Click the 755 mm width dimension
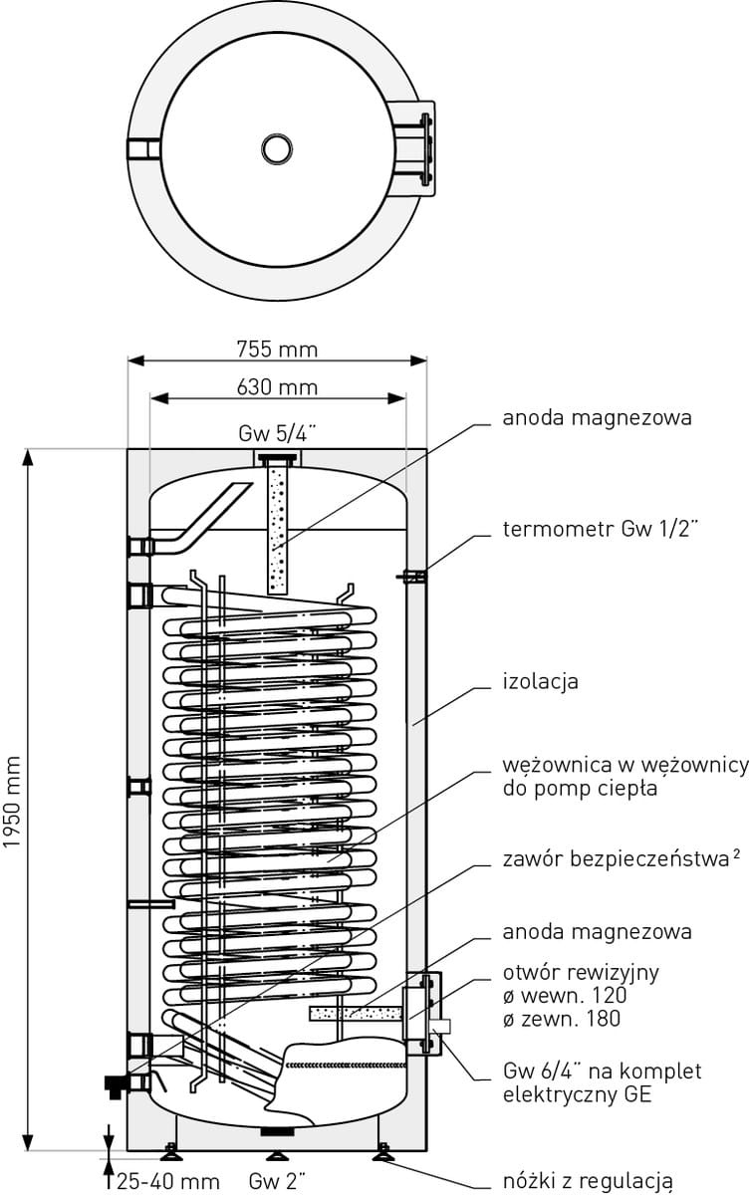tap(277, 349)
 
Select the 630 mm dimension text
tap(277, 386)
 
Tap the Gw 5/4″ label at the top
tap(277, 434)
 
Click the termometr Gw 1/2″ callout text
tap(608, 529)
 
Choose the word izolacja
tap(541, 682)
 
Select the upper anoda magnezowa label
tap(598, 418)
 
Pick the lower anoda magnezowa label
tap(598, 932)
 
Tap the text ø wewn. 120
tap(566, 995)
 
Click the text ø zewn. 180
tap(563, 1018)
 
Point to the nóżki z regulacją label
tap(589, 1181)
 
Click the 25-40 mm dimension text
tap(167, 1181)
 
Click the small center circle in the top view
tap(277, 149)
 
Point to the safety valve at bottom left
tap(117, 1083)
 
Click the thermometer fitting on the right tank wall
tap(414, 575)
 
